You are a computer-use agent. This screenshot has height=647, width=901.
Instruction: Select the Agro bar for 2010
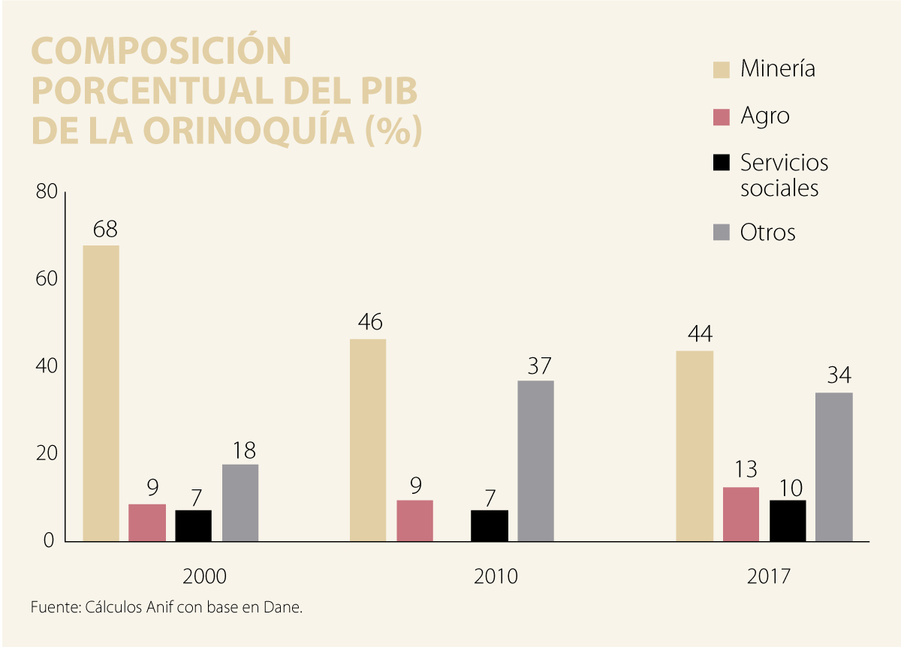(x=414, y=520)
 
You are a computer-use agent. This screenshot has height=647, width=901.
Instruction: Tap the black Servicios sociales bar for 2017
(x=788, y=520)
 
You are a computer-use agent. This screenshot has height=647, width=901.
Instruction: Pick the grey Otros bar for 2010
(x=535, y=460)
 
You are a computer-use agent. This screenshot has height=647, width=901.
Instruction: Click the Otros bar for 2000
(x=240, y=502)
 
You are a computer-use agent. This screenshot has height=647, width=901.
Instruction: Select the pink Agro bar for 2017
(x=741, y=514)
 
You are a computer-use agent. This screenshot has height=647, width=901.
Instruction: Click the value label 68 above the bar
(x=105, y=229)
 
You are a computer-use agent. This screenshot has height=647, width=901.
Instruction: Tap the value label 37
(x=539, y=366)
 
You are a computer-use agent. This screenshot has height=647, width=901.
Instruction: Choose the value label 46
(x=369, y=322)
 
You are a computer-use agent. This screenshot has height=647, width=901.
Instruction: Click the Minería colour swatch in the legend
(x=722, y=70)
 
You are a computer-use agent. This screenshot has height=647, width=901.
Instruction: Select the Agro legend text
(x=764, y=116)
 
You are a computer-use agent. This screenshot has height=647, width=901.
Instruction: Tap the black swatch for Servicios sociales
(x=722, y=163)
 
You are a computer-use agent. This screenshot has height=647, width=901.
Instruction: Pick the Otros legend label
(x=767, y=232)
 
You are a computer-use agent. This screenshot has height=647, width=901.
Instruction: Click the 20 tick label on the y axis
(x=47, y=453)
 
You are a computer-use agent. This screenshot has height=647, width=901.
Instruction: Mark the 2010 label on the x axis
(x=496, y=576)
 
